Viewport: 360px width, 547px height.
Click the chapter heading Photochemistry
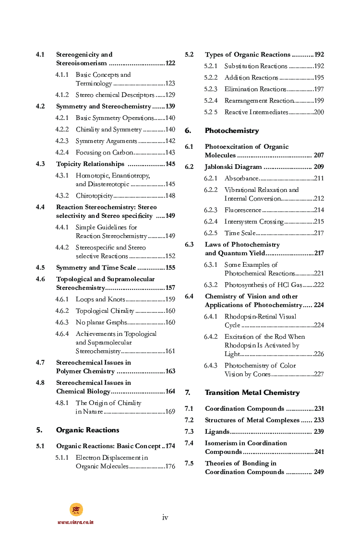231,131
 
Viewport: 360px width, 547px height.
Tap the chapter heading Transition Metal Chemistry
252,392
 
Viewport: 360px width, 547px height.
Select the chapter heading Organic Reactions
87,430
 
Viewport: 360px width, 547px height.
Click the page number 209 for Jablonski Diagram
319,167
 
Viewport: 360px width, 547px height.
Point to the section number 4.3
40,164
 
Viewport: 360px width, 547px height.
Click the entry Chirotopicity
94,196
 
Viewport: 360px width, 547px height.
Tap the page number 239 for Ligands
319,432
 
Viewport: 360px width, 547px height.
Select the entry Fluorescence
243,210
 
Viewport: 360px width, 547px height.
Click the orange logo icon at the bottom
76,510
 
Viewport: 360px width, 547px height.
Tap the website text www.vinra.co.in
75,522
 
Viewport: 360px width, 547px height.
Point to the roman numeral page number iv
165,517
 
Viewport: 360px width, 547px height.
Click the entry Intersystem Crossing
254,222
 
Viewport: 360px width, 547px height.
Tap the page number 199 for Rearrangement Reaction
319,101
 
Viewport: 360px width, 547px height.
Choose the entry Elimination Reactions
255,89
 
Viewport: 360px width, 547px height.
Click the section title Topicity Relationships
90,164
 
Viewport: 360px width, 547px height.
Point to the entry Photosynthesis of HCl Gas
263,285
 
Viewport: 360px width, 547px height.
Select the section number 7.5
189,464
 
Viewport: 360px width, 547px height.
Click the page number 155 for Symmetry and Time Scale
170,268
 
